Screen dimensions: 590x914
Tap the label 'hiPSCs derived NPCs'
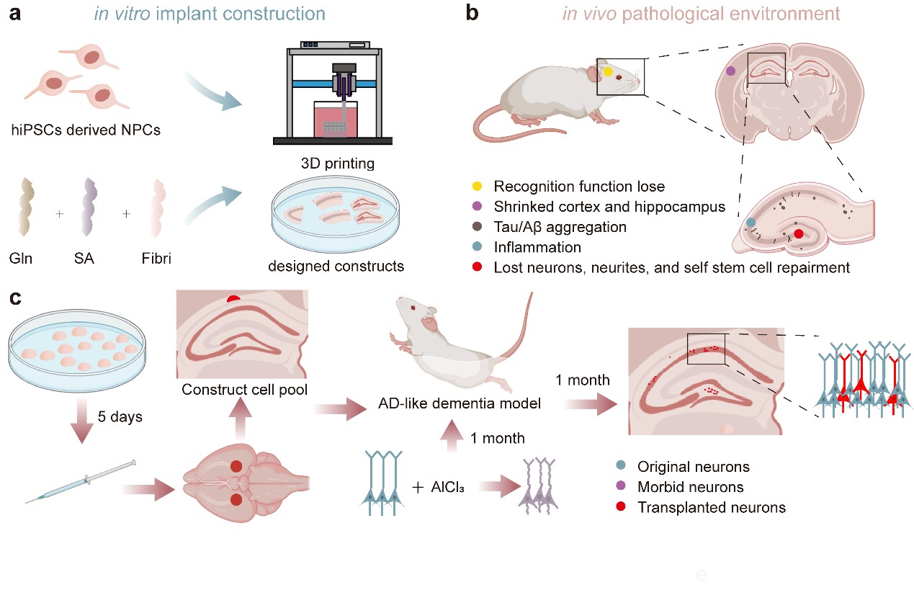click(x=86, y=130)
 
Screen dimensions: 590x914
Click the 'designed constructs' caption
click(x=336, y=267)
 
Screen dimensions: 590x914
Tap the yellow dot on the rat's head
click(x=609, y=72)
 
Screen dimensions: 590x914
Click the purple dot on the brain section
click(x=731, y=71)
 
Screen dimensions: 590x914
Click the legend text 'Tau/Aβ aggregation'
click(x=560, y=227)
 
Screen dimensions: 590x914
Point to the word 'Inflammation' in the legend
click(x=537, y=247)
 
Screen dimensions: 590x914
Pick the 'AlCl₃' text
click(x=447, y=487)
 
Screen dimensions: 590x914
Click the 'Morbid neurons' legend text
click(x=690, y=487)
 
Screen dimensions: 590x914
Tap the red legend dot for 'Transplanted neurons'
click(x=621, y=507)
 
